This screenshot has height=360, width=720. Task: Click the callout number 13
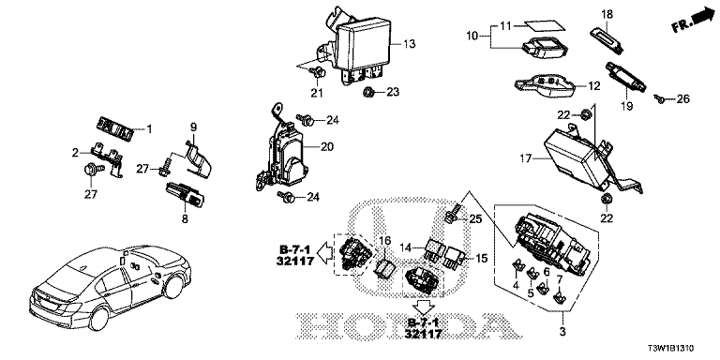(x=409, y=44)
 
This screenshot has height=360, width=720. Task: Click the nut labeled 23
(x=368, y=93)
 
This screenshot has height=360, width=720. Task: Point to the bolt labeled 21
(x=317, y=71)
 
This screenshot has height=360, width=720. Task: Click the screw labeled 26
(x=660, y=98)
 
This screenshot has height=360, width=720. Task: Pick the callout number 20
(x=327, y=147)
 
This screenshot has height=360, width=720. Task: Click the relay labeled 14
(x=434, y=249)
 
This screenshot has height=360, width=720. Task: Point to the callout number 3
(x=562, y=330)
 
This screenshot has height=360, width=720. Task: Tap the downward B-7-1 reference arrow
(x=423, y=307)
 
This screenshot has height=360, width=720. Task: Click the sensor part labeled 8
(x=184, y=194)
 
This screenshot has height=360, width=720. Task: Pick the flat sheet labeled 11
(x=545, y=26)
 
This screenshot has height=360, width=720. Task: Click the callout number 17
(x=526, y=158)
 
